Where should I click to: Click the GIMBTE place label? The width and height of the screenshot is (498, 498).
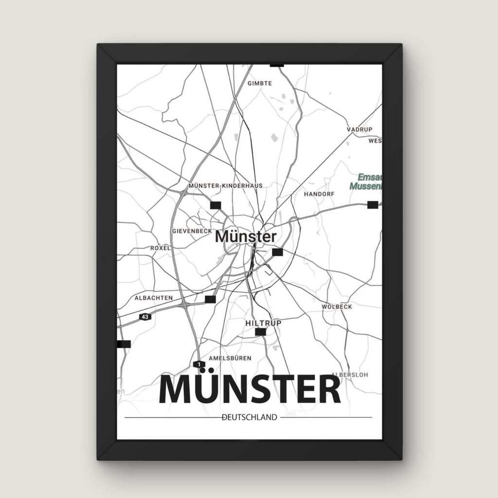[x=260, y=83]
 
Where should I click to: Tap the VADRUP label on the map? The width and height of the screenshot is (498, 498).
[x=359, y=129]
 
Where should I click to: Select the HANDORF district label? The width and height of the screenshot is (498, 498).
[x=319, y=194]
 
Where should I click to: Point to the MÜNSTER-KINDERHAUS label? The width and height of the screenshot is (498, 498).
[x=225, y=186]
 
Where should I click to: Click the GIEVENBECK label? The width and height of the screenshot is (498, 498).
[x=192, y=231]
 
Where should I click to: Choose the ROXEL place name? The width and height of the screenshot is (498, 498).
[x=160, y=248]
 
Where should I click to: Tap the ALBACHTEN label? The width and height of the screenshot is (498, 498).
[x=154, y=298]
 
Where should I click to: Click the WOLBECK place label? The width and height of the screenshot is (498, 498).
[x=337, y=307]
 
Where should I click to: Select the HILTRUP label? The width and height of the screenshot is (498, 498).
[x=264, y=322]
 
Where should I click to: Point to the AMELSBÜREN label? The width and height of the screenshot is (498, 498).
[x=230, y=358]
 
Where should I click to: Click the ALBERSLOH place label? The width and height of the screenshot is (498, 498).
[x=350, y=374]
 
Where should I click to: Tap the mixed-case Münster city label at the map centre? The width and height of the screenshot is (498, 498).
[x=246, y=237]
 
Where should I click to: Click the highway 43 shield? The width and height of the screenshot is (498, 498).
[x=144, y=317]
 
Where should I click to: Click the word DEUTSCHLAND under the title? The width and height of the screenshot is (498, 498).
[x=249, y=417]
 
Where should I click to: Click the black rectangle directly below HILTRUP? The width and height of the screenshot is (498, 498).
[x=261, y=332]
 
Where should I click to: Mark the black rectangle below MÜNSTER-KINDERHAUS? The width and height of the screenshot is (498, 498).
[x=215, y=205]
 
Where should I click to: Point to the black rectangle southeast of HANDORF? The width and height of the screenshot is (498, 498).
[x=373, y=205]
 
